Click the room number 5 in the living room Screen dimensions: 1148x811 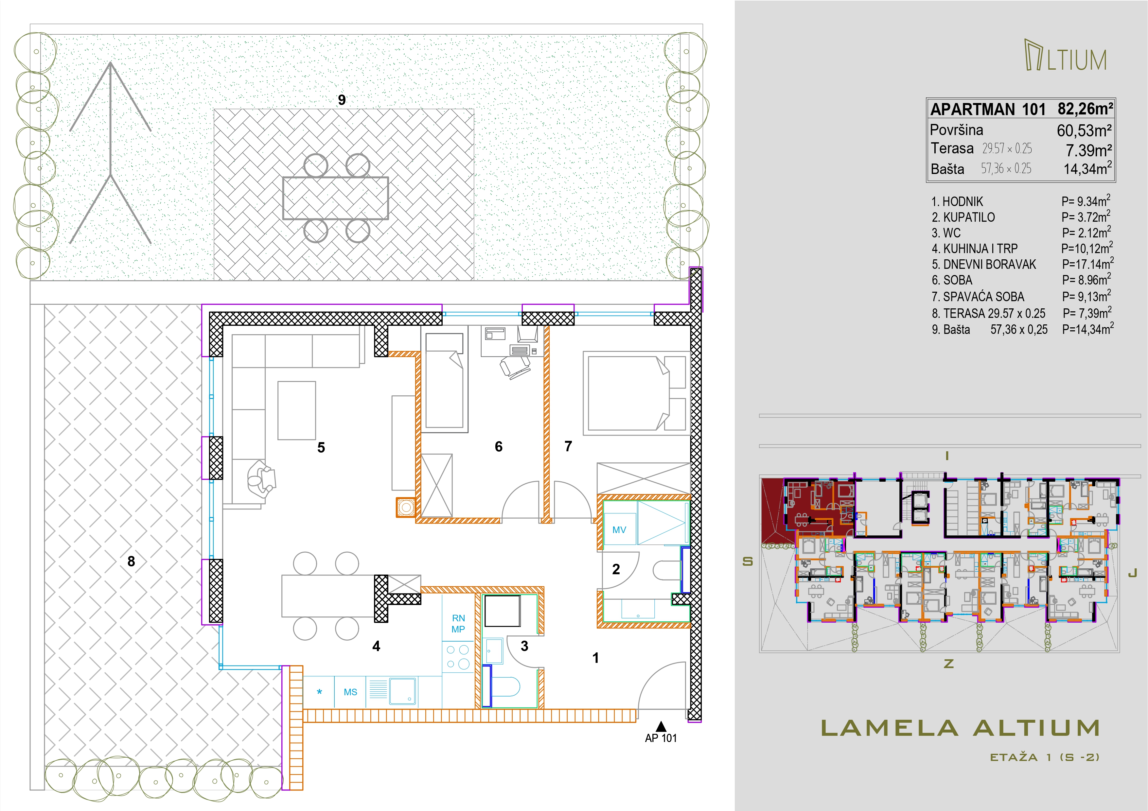click(321, 447)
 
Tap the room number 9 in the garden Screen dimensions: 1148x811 click(342, 100)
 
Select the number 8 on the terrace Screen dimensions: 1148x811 click(131, 561)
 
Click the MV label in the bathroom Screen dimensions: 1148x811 click(619, 530)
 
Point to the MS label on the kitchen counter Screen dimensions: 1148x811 click(350, 692)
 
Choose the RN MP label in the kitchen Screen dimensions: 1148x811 click(458, 624)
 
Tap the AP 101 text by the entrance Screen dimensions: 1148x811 click(661, 738)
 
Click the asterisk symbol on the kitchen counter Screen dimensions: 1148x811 click(320, 692)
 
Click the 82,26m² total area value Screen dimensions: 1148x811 click(1085, 109)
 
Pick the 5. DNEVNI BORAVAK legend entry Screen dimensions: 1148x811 click(983, 264)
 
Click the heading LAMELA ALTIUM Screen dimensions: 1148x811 click(960, 728)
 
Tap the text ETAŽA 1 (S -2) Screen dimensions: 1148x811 click(1045, 757)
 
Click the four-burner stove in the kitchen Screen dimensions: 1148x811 click(458, 657)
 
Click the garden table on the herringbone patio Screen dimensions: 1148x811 click(335, 198)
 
